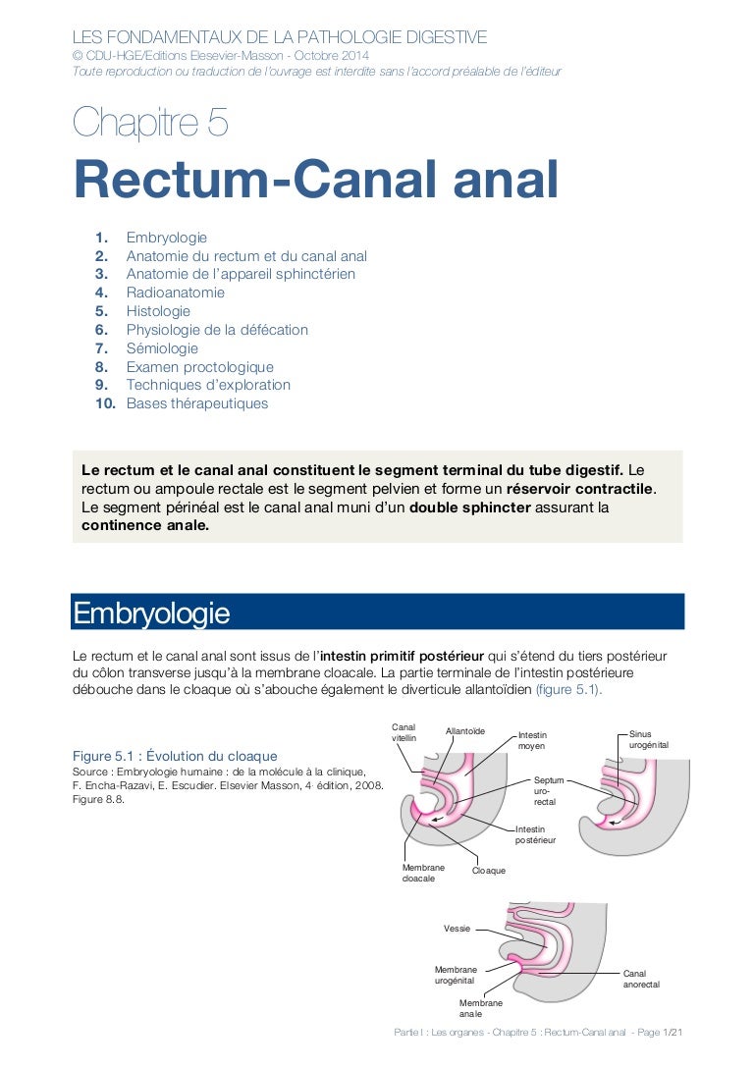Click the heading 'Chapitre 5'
[x=151, y=124]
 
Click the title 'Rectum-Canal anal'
[x=316, y=181]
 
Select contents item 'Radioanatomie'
[x=175, y=293]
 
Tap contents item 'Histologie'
[x=158, y=311]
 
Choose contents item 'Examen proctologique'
[x=199, y=367]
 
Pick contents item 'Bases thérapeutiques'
[x=196, y=403]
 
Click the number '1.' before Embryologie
[x=102, y=238]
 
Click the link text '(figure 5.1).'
[x=568, y=689]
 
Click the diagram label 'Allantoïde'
[x=465, y=731]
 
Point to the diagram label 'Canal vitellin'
[x=404, y=732]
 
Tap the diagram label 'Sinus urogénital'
[x=649, y=739]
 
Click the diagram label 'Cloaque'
[x=489, y=871]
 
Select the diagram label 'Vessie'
[x=457, y=928]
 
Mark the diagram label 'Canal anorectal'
[x=641, y=978]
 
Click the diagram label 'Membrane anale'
[x=480, y=1008]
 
